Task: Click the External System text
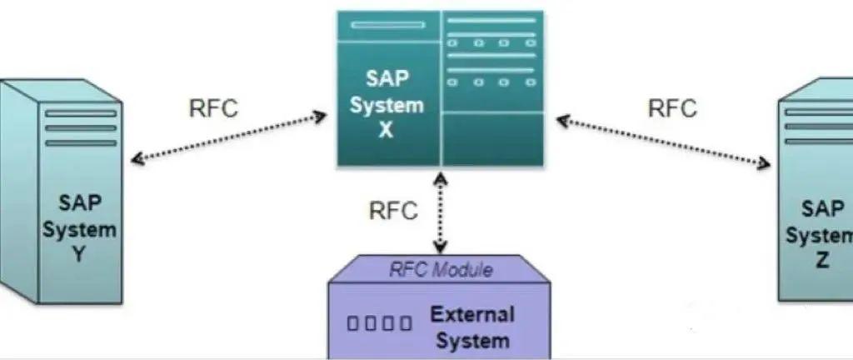(471, 327)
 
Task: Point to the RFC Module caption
(441, 270)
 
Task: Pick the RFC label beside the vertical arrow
(392, 210)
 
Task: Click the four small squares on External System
(380, 323)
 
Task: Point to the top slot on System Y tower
(81, 112)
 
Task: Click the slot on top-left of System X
(382, 25)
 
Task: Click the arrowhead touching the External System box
(440, 246)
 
